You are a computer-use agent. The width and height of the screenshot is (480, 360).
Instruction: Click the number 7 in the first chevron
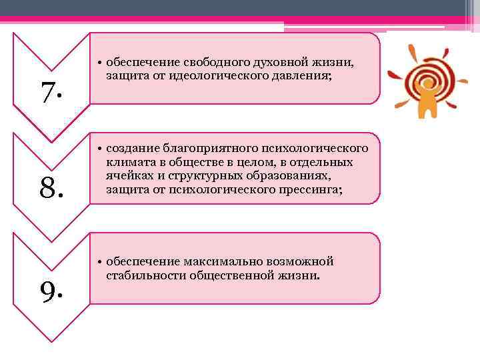(x=50, y=93)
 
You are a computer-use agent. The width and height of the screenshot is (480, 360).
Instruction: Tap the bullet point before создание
(x=97, y=148)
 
